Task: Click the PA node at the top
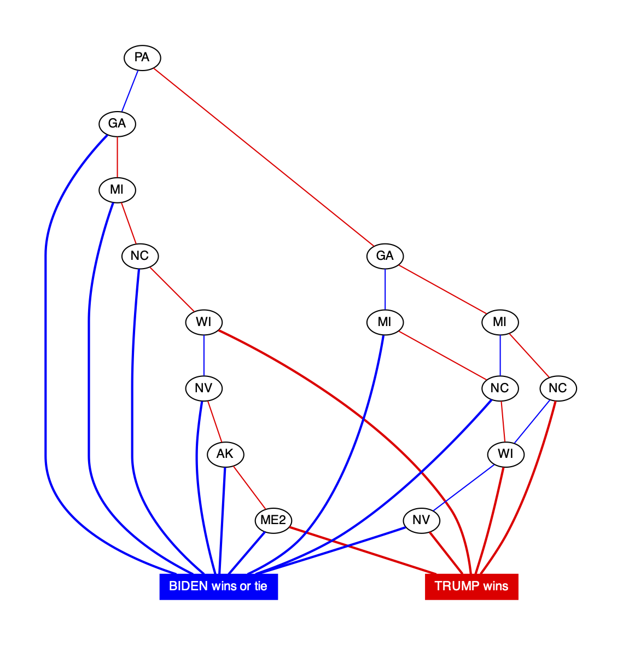click(x=142, y=57)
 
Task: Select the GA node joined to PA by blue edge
click(x=117, y=124)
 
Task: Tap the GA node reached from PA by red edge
click(x=385, y=256)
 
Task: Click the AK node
click(x=225, y=454)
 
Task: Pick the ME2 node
click(x=273, y=520)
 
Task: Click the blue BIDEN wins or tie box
click(x=218, y=586)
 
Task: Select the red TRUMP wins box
click(x=471, y=586)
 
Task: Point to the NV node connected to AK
click(x=203, y=388)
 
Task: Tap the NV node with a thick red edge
click(x=421, y=520)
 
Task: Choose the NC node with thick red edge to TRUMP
click(x=558, y=388)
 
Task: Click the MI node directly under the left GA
click(x=117, y=190)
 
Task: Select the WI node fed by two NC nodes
click(x=506, y=454)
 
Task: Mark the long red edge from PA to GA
click(x=263, y=156)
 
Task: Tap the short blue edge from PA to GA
click(x=130, y=90)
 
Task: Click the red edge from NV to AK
click(x=214, y=421)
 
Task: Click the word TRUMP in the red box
click(x=453, y=586)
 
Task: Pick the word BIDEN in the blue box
click(x=187, y=586)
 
